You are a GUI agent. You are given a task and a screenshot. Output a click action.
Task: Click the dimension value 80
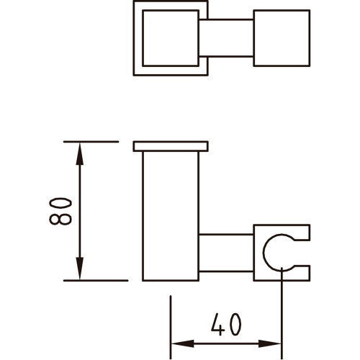coord(60,211)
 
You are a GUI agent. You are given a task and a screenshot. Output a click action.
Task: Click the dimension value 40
coord(226,324)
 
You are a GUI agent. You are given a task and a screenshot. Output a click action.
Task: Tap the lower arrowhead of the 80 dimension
coord(80,269)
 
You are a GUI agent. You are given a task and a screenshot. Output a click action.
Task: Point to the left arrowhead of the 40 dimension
coord(183,343)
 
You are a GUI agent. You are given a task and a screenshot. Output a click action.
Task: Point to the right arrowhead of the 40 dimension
coord(270,343)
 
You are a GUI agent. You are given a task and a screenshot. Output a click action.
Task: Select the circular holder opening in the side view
coord(264,252)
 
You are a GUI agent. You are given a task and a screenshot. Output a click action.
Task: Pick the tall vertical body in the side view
coord(171,216)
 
